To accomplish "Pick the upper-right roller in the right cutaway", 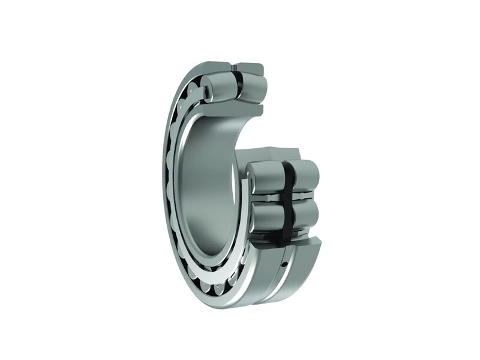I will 305,176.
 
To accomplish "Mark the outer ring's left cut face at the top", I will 213,66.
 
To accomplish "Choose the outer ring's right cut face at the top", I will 250,68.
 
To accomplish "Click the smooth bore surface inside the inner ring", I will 207,186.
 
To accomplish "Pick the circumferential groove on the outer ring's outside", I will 273,282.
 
